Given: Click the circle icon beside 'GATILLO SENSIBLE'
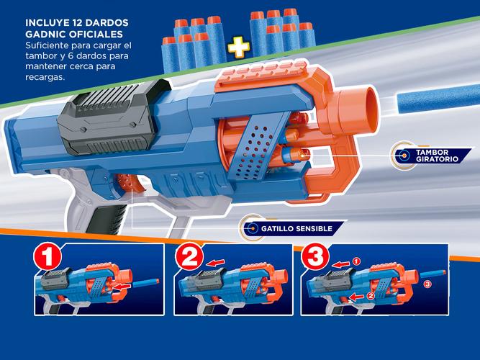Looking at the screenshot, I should point(252,228).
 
